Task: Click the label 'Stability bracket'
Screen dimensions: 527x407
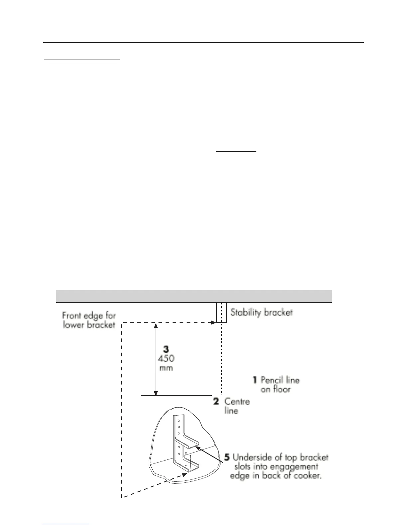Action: coord(261,312)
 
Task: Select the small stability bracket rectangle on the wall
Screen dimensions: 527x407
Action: coord(221,312)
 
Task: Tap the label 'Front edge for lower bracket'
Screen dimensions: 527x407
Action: coord(89,320)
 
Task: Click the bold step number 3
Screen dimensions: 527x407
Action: coord(166,349)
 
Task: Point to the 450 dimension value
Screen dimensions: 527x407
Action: coord(166,359)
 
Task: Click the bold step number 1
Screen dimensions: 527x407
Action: coord(255,379)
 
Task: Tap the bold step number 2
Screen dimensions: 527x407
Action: coord(216,401)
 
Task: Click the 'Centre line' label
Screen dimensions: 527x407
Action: coord(236,406)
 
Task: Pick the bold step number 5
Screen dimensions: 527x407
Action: coord(227,457)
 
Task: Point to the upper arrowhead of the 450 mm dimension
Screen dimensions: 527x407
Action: coord(155,325)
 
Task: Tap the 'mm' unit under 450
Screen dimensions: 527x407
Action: coord(166,368)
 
